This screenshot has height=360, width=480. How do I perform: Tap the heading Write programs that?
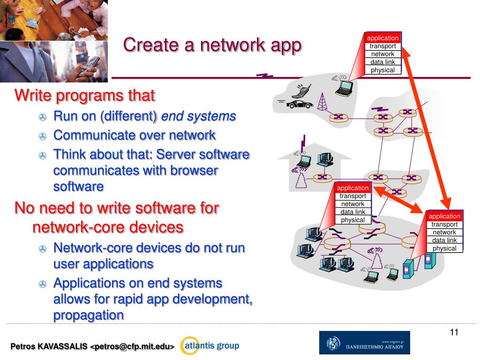[85, 96]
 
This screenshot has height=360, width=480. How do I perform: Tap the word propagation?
[89, 315]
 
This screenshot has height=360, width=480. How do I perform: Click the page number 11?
[454, 332]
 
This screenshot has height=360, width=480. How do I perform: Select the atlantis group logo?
[210, 346]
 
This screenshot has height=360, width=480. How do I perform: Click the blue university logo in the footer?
[364, 343]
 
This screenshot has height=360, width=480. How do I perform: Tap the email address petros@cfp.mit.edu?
[133, 347]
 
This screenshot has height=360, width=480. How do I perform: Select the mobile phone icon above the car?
[300, 90]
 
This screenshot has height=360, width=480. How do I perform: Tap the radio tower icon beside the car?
[322, 102]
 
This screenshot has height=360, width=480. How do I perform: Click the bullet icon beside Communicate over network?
[43, 136]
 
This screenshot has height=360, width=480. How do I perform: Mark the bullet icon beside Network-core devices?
[43, 248]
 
